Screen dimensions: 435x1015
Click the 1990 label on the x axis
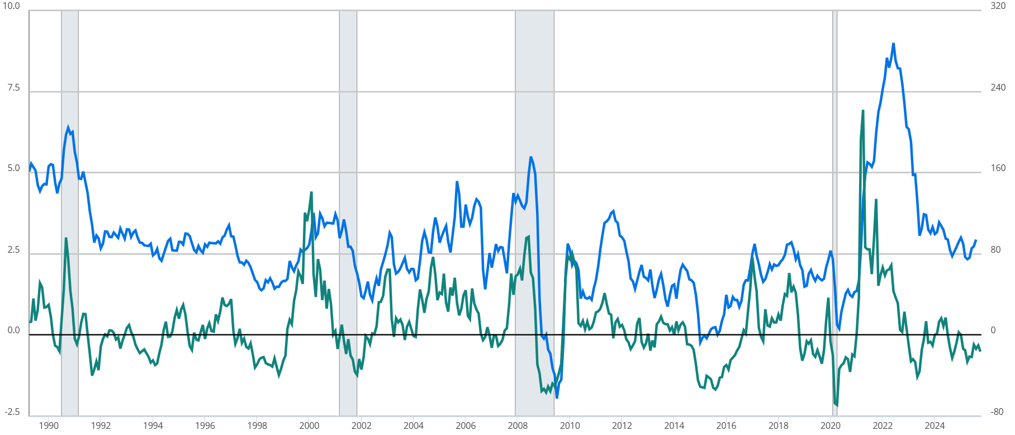pyautogui.click(x=49, y=425)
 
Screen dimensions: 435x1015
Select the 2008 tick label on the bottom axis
pyautogui.click(x=518, y=425)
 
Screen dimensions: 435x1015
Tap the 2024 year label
pyautogui.click(x=935, y=425)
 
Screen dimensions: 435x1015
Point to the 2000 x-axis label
pyautogui.click(x=309, y=425)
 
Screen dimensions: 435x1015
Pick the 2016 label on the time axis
pyautogui.click(x=726, y=425)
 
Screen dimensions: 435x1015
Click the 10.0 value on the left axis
pyautogui.click(x=11, y=6)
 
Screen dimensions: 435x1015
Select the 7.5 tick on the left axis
pyautogui.click(x=13, y=88)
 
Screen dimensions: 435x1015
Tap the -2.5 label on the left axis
pyautogui.click(x=12, y=412)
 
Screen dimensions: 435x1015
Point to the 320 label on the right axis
pyautogui.click(x=998, y=6)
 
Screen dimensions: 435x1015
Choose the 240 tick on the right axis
pyautogui.click(x=998, y=88)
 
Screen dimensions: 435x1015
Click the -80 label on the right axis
pyautogui.click(x=997, y=412)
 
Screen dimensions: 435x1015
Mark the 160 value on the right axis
pyautogui.click(x=998, y=168)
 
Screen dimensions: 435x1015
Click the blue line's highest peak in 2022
pyautogui.click(x=893, y=44)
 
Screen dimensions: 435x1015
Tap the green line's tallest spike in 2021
pyautogui.click(x=863, y=111)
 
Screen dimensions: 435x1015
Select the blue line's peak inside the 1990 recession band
pyautogui.click(x=68, y=128)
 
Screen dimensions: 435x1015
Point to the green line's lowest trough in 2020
pyautogui.click(x=837, y=405)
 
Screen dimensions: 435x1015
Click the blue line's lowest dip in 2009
pyautogui.click(x=557, y=398)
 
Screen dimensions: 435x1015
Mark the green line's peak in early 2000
pyautogui.click(x=311, y=192)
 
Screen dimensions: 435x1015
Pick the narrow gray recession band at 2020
pyautogui.click(x=834, y=212)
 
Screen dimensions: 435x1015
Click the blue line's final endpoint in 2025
pyautogui.click(x=976, y=240)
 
